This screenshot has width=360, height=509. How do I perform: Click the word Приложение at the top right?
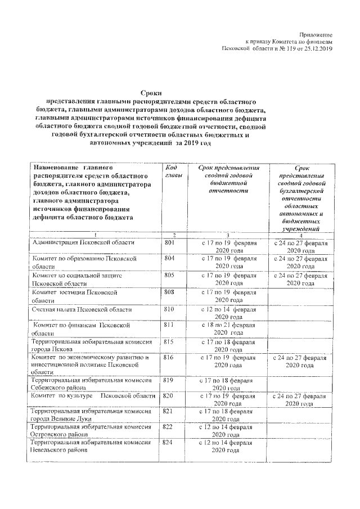point(316,35)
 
